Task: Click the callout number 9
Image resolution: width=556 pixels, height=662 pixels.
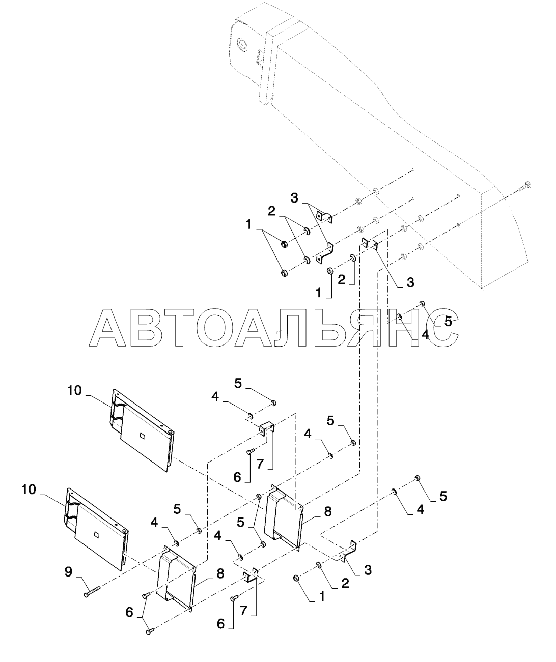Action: pyautogui.click(x=69, y=572)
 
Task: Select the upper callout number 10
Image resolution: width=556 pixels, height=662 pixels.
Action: pyautogui.click(x=74, y=390)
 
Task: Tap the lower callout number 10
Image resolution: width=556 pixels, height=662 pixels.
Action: pyautogui.click(x=30, y=490)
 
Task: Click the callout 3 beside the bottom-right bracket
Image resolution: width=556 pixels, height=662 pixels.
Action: pyautogui.click(x=367, y=570)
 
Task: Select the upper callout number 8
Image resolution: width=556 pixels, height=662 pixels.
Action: pyautogui.click(x=328, y=511)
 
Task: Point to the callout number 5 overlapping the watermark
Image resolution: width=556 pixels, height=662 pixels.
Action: pyautogui.click(x=448, y=322)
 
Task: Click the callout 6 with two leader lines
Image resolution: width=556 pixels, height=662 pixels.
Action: pyautogui.click(x=129, y=613)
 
